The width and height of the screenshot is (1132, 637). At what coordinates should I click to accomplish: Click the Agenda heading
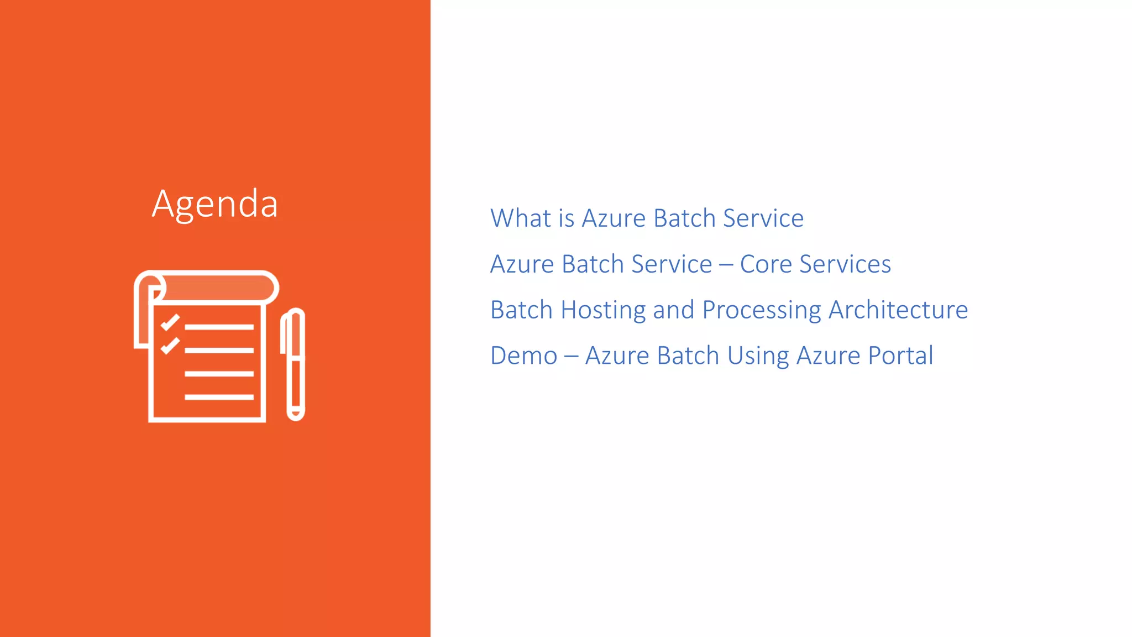point(214,204)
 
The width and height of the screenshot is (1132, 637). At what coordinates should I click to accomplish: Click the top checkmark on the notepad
point(170,322)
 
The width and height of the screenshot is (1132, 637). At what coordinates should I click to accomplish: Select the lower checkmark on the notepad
point(170,346)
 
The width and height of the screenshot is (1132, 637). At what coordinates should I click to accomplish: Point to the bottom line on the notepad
point(219,397)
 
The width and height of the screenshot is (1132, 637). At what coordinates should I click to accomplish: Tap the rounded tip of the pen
point(296,414)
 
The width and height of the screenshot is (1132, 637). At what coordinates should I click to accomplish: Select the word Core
point(766,264)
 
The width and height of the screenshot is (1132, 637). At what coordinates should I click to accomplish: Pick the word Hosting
point(603,310)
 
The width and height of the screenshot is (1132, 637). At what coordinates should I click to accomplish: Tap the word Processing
point(762,311)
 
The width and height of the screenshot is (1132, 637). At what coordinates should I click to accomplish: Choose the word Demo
point(523,356)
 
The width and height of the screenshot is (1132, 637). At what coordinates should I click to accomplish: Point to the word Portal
point(900,356)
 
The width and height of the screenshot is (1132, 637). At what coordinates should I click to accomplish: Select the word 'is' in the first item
point(567,218)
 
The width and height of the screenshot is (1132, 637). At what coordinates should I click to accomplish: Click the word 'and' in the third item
point(673,310)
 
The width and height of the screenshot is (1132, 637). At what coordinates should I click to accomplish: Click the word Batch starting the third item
point(521,310)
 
